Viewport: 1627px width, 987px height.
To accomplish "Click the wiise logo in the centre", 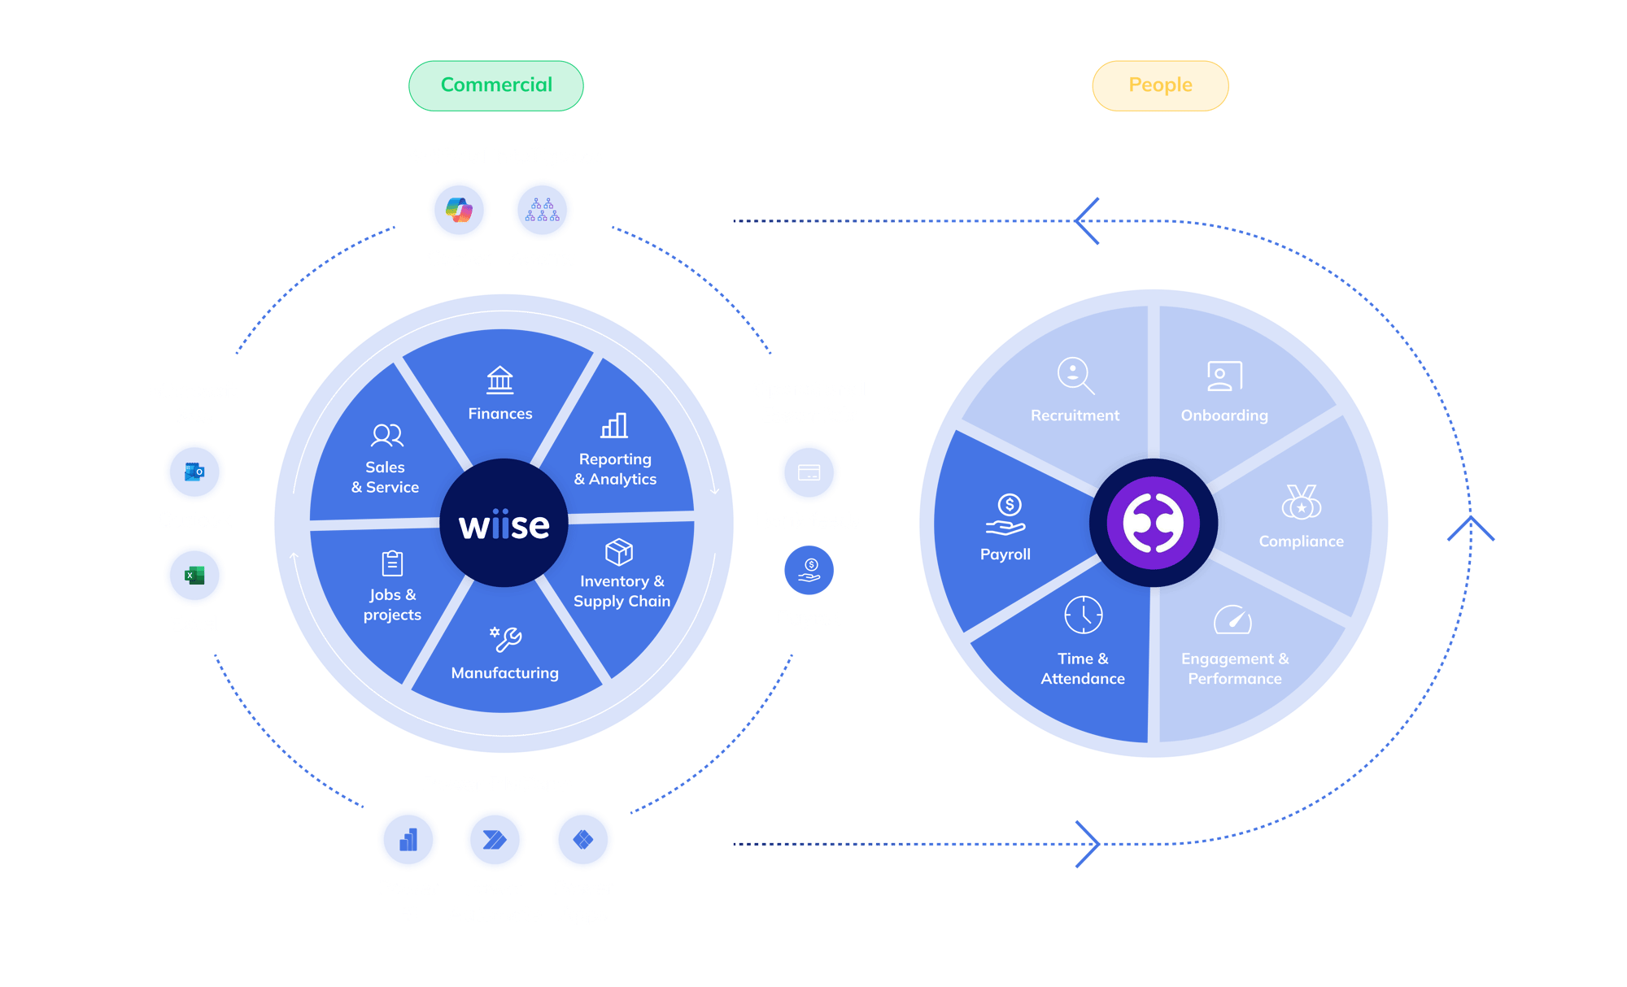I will tap(504, 524).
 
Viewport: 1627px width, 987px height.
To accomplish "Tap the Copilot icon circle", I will tap(460, 210).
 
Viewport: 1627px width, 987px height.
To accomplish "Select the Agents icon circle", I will tap(542, 210).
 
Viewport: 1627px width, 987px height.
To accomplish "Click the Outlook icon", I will tap(194, 472).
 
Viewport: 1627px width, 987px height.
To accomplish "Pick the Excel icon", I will tap(194, 576).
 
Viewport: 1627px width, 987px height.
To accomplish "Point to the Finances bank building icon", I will tap(499, 380).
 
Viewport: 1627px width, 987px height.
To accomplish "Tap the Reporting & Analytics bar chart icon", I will tap(614, 425).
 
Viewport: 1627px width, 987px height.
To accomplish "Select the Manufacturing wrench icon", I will tap(505, 639).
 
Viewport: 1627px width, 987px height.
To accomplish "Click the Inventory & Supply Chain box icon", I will tap(619, 552).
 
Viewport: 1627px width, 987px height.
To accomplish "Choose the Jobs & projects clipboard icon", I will tap(392, 563).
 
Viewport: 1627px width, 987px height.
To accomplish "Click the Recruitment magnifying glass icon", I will tap(1075, 376).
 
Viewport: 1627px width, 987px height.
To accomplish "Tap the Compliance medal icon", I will tap(1301, 502).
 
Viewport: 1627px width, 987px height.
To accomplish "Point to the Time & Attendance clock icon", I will tap(1084, 615).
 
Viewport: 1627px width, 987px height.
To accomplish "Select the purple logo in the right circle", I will tap(1154, 524).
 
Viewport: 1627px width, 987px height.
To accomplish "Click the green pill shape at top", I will tap(496, 85).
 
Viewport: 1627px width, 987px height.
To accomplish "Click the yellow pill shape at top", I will tap(1160, 85).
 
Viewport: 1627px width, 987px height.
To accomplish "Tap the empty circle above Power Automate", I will tap(495, 839).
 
